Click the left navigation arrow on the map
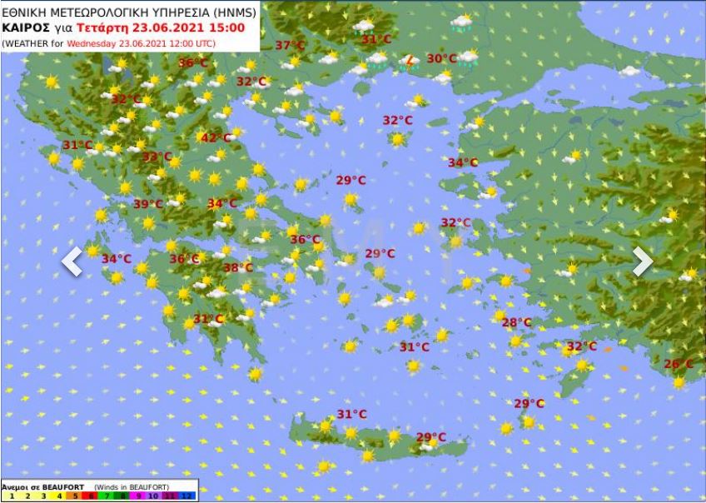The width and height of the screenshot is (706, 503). coord(72,261)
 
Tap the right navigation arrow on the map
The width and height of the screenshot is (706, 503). coord(642,261)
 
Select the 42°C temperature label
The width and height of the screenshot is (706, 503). coord(216,138)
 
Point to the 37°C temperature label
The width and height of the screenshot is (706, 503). coord(291,46)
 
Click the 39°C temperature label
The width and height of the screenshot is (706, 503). coord(148,204)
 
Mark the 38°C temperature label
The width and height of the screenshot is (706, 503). coord(237,267)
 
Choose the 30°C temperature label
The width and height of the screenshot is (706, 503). coord(441,58)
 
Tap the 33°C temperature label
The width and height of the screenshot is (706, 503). coord(157,157)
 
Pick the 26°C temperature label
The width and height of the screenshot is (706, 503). coord(678,364)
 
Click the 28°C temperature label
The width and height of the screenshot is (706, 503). coord(516,322)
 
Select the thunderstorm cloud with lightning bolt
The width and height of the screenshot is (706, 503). coord(408,61)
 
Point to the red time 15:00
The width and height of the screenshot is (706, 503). coord(227,27)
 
